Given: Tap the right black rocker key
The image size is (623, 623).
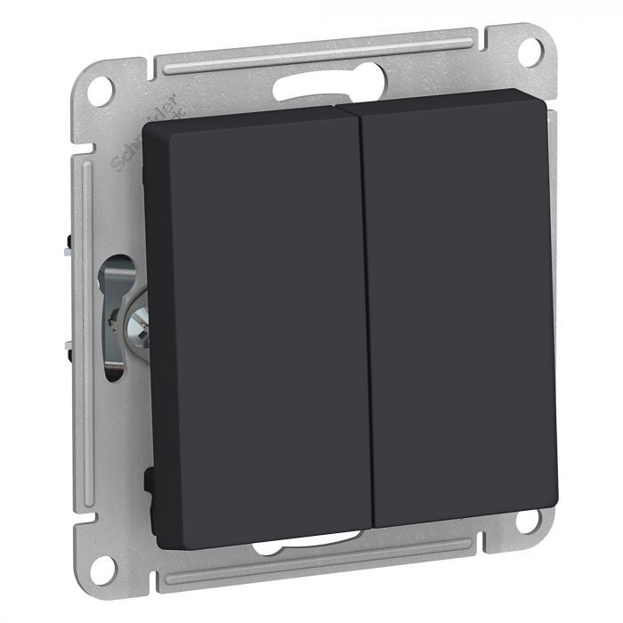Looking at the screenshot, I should [458, 311].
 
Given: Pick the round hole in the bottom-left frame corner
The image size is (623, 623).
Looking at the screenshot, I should [103, 563].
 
